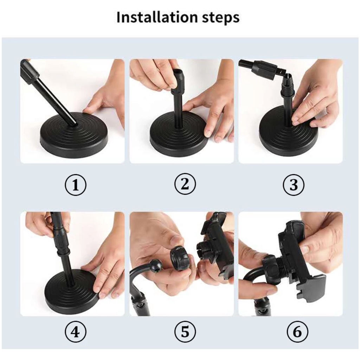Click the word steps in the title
(x=221, y=18)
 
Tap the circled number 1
(x=76, y=185)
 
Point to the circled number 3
(x=294, y=185)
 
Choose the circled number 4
(x=76, y=332)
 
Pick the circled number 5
(x=185, y=332)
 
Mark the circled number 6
(x=297, y=332)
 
